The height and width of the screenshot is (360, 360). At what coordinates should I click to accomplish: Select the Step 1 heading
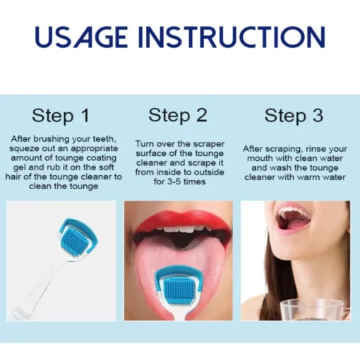pos(61,116)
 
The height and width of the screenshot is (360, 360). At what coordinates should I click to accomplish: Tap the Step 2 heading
pos(178,116)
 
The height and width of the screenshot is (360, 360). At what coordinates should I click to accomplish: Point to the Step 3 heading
pos(294,116)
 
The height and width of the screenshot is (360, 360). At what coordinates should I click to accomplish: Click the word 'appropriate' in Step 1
pos(94,149)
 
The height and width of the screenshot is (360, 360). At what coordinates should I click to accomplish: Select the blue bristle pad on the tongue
pos(179,290)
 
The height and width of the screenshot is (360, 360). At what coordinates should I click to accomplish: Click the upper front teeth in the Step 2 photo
pos(181,228)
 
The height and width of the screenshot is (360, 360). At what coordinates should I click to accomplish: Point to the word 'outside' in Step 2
pos(208,172)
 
